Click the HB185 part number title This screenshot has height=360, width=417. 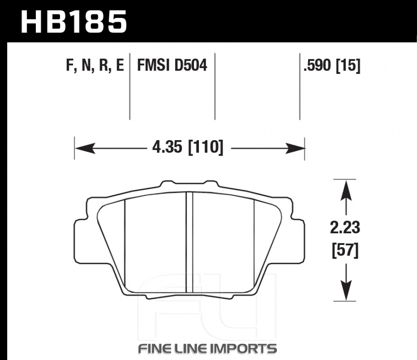74,22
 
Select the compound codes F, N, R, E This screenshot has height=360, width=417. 95,65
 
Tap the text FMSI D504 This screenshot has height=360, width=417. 172,65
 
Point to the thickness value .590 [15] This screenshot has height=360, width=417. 332,65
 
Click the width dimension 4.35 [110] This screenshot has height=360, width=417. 188,147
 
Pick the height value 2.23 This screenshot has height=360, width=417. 345,228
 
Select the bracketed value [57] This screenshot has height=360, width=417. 345,250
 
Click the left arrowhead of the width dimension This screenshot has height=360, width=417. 85,148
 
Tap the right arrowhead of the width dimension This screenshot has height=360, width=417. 295,148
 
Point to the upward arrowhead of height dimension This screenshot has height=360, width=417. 346,190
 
